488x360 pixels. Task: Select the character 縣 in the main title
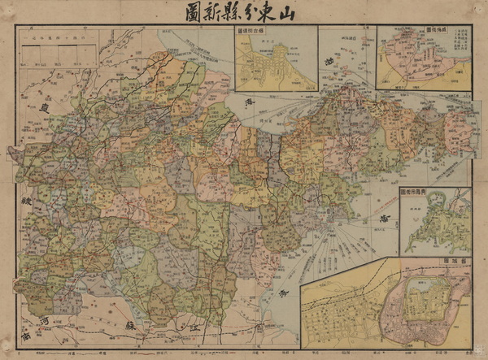tap(232, 12)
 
